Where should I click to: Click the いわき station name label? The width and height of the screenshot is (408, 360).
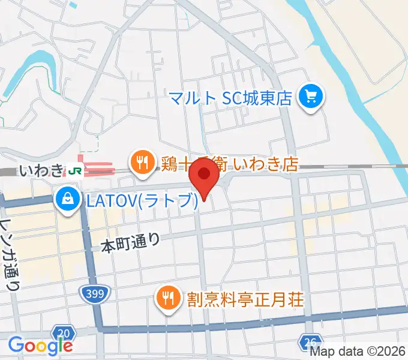click(41, 171)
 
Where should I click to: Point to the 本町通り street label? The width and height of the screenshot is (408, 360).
click(130, 244)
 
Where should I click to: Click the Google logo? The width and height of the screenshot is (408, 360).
click(40, 345)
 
